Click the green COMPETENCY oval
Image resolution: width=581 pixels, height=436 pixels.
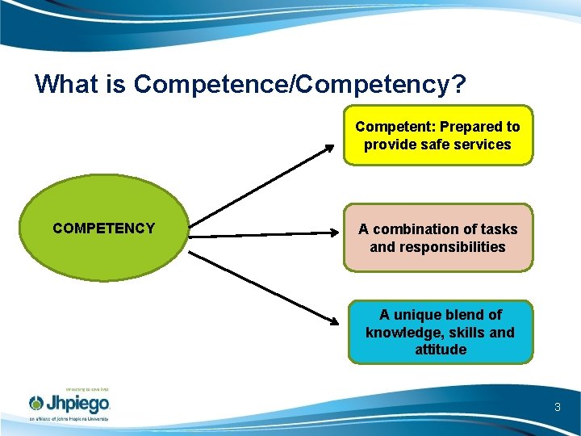103,228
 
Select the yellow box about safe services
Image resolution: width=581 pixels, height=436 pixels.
438,136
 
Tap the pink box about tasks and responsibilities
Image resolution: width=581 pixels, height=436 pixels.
438,237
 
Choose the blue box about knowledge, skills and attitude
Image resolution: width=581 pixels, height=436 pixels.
440,332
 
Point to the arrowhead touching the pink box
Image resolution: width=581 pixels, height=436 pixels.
337,233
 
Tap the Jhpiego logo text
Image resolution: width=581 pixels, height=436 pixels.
79,404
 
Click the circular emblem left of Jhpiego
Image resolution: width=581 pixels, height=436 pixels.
37,404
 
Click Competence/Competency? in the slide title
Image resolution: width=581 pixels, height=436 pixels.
301,83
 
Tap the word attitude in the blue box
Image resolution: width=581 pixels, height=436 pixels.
441,350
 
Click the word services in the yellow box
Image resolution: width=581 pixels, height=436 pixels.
483,145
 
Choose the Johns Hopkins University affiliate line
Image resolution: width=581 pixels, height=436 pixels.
69,420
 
